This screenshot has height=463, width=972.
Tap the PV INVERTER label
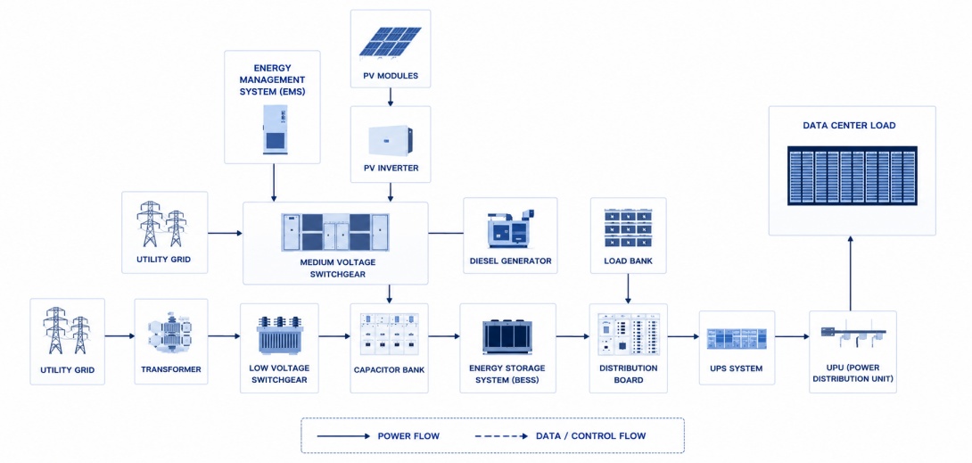(391, 168)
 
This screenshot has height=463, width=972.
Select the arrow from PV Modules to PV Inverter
(391, 96)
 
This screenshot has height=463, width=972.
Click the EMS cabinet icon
(273, 129)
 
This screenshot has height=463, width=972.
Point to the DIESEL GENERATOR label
(510, 260)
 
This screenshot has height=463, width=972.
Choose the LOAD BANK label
(629, 260)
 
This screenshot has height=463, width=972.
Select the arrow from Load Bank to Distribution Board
(629, 289)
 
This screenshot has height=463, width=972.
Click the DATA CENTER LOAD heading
(849, 125)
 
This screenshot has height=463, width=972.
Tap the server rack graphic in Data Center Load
(853, 176)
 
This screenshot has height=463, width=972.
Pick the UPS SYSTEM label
(737, 368)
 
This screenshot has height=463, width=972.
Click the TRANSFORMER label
(170, 368)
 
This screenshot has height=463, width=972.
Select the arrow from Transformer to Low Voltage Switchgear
(224, 336)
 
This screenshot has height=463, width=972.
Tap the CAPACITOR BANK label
(390, 370)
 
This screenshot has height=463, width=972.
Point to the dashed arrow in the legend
(499, 436)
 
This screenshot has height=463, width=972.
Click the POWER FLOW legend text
(408, 436)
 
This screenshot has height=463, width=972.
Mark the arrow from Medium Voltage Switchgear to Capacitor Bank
(390, 294)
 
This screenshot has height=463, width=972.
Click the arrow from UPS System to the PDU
(792, 336)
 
